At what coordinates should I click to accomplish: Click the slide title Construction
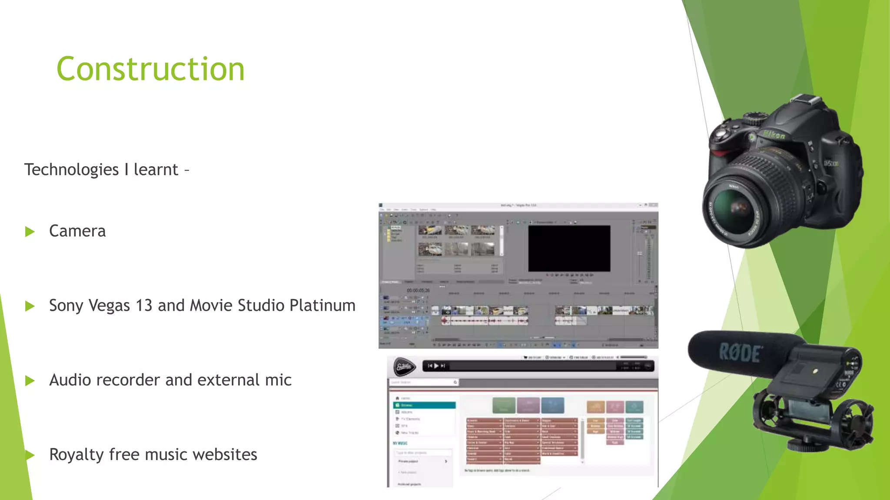[x=150, y=69]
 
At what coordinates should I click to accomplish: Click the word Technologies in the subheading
[x=71, y=170]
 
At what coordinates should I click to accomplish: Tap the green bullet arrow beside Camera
[x=30, y=231]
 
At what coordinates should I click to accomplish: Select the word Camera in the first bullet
[x=77, y=231]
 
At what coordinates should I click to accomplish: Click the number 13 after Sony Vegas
[x=143, y=306]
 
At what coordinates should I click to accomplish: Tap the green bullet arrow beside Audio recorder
[x=30, y=381]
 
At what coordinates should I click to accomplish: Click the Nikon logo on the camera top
[x=774, y=135]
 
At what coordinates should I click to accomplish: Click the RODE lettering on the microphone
[x=740, y=352]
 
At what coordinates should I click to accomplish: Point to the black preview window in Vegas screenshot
[x=569, y=248]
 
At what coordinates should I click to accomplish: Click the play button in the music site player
[x=436, y=366]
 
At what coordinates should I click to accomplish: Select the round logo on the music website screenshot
[x=404, y=367]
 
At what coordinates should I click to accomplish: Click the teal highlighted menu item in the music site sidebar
[x=424, y=405]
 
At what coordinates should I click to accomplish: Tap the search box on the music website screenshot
[x=422, y=382]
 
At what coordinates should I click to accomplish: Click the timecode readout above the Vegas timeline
[x=418, y=290]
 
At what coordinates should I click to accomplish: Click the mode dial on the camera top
[x=757, y=118]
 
